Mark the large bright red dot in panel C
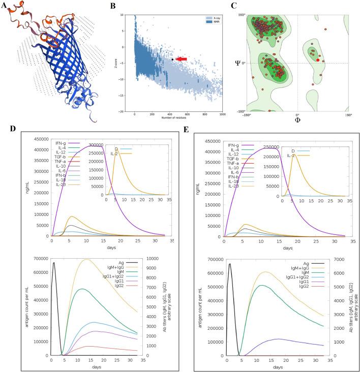tap(318, 60)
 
